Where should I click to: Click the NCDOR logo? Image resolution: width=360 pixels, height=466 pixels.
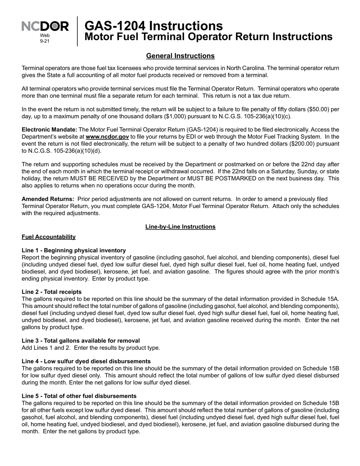coord(45,27)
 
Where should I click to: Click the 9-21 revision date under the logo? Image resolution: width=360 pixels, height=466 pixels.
coord(45,41)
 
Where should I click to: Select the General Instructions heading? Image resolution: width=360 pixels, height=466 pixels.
coord(180,56)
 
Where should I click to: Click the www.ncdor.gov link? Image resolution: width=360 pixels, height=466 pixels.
coord(107,137)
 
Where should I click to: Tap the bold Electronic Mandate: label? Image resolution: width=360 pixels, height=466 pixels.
coord(49,130)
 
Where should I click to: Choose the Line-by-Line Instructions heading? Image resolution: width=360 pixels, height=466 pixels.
coord(180,227)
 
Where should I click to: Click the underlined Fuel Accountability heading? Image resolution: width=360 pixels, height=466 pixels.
coord(49,237)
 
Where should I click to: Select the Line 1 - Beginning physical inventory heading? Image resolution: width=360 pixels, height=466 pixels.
coord(74,250)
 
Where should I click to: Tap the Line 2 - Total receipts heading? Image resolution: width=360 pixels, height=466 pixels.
coord(52,292)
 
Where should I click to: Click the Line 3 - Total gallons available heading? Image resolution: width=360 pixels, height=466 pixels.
coord(81,341)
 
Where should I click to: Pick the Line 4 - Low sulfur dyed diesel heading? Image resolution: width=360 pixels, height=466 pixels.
coord(86,361)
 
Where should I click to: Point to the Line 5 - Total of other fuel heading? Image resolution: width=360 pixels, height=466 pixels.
coord(79,396)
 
